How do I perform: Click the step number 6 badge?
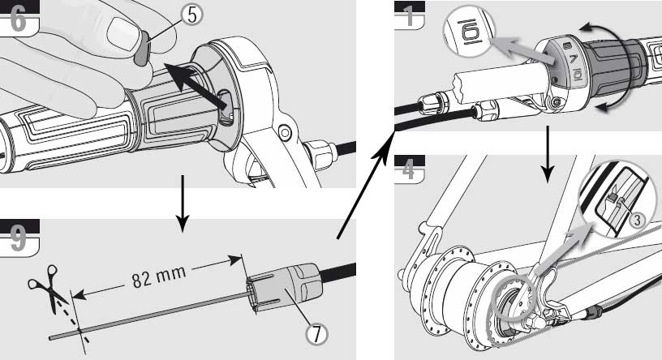pyautogui.click(x=18, y=18)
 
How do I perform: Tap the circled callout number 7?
pyautogui.click(x=315, y=332)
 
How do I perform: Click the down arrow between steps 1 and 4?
pyautogui.click(x=548, y=159)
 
